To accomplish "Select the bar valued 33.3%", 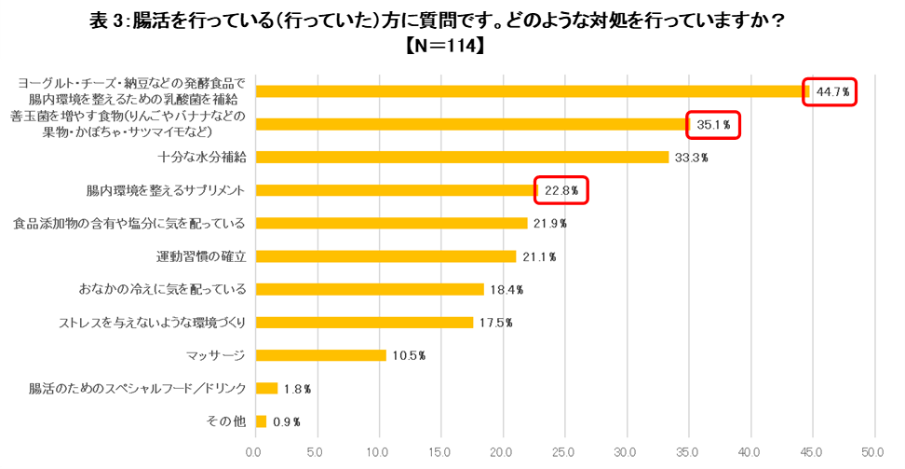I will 462,157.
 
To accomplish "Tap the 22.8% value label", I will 561,190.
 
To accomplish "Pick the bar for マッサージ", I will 320,355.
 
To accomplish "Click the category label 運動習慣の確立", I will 201,256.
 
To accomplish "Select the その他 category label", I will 226,421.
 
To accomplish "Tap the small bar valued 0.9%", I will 261,421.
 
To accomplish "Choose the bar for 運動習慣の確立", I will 385,256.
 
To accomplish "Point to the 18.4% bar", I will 370,289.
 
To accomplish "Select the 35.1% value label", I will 715,124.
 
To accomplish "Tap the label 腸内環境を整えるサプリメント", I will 166,190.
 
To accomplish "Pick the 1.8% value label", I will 297,389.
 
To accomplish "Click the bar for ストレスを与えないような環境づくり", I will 364,323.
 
